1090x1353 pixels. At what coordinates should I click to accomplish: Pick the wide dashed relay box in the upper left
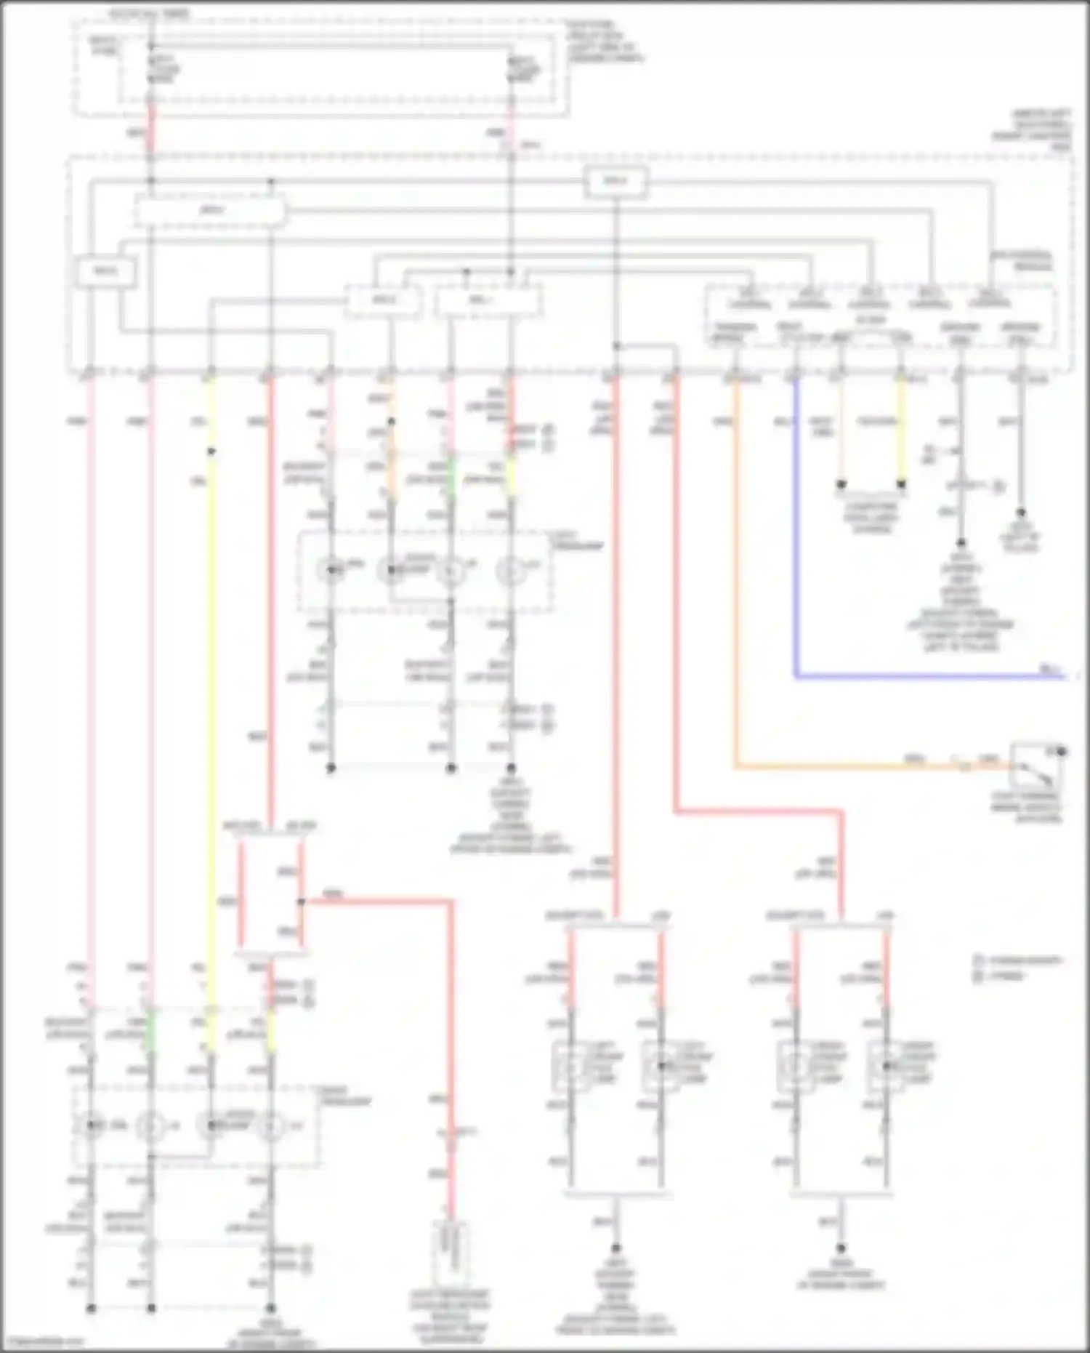[x=211, y=211]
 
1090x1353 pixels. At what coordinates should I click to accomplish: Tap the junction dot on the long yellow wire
[x=211, y=451]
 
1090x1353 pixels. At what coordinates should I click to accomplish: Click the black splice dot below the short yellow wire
[x=901, y=484]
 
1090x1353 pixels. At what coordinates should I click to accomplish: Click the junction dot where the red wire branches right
[x=301, y=902]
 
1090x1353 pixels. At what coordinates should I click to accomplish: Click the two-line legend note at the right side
[x=1017, y=968]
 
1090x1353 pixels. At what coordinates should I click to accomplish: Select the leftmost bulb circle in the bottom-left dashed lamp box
[x=91, y=1125]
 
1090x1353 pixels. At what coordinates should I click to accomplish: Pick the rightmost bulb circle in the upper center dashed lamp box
[x=510, y=571]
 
